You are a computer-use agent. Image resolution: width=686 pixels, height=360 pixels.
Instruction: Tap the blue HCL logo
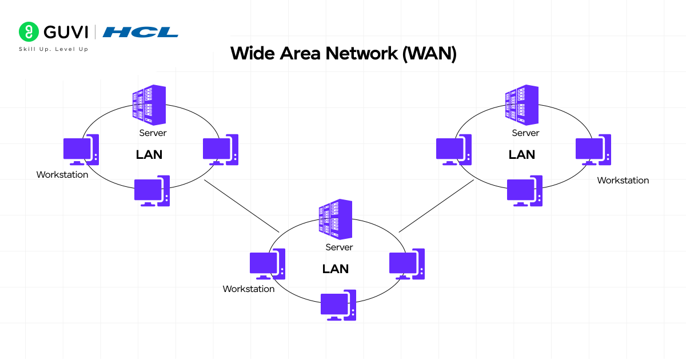tap(140, 31)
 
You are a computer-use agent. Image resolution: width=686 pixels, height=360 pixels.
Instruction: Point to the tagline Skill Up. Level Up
tap(54, 49)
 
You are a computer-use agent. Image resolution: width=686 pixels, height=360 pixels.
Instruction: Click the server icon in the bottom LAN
tap(336, 219)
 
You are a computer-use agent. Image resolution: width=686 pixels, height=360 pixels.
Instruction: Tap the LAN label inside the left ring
tap(149, 154)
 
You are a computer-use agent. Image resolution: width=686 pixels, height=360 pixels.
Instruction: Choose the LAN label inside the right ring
tap(522, 154)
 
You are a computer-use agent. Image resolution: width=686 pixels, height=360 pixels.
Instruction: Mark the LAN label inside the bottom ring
tap(336, 269)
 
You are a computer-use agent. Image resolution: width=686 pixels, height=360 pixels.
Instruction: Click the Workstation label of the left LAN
tap(62, 175)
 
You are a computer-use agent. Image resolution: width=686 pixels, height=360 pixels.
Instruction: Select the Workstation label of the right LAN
tap(623, 181)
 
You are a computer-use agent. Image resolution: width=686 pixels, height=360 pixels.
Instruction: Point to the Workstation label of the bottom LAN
tap(249, 289)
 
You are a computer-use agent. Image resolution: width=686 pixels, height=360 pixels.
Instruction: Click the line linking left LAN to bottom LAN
tap(241, 206)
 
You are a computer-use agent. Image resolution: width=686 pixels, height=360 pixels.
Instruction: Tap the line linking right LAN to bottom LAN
tap(436, 206)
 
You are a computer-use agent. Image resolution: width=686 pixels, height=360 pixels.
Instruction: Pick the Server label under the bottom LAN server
tap(339, 247)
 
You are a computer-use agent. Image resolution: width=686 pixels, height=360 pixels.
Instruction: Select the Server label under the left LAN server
tap(153, 133)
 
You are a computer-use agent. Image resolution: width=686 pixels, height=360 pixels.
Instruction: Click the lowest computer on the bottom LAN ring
tap(338, 305)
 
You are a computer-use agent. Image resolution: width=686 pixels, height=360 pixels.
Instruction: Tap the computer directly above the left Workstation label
tap(81, 150)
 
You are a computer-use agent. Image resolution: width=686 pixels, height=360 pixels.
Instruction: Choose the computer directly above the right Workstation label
tap(593, 150)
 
